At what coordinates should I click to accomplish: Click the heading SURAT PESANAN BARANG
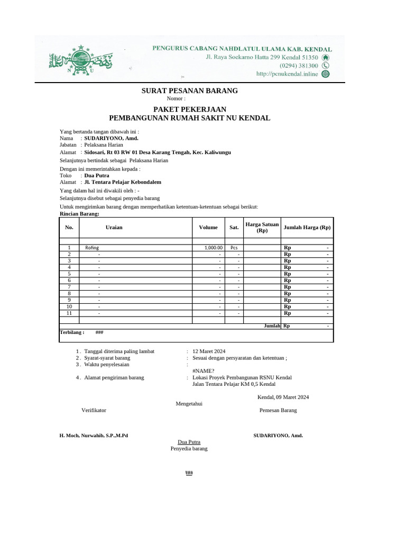pos(190,91)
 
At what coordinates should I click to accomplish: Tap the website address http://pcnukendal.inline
pos(287,74)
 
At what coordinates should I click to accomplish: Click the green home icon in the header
pos(326,57)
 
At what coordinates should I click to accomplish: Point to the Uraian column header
pos(114,227)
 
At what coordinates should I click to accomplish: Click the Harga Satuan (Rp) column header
pos(262,228)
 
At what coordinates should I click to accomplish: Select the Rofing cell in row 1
pos(92,247)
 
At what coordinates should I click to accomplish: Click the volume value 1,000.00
pos(214,247)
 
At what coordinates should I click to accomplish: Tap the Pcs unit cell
pos(234,247)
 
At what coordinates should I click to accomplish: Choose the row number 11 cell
pos(69,313)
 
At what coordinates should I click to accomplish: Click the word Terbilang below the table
pos(71,332)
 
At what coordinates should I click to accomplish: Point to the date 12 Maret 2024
pos(209,351)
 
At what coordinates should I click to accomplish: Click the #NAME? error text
pos(204,371)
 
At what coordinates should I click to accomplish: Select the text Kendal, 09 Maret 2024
pos(283,397)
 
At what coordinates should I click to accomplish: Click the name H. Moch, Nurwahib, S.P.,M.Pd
pos(94,435)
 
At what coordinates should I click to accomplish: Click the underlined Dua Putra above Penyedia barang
pos(189,441)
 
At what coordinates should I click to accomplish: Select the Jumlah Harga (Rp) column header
pos(307,227)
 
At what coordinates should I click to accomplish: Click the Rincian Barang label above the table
pos(79,214)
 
